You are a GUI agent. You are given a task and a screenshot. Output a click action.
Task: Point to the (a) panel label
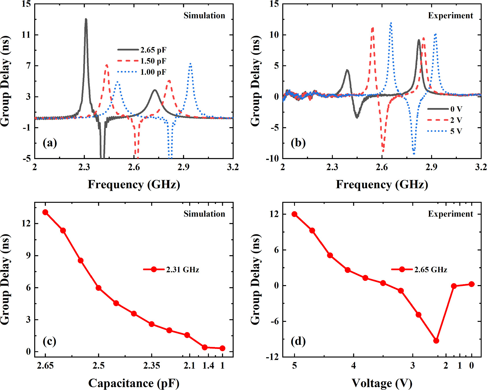50,143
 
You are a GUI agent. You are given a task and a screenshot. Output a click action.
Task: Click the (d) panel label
298,341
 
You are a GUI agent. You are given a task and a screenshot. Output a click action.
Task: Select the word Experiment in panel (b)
450,16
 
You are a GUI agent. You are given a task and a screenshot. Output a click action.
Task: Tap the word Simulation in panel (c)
204,214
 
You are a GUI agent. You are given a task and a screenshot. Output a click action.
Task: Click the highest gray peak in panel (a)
86,19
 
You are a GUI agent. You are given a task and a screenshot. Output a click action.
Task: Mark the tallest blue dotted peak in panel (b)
391,23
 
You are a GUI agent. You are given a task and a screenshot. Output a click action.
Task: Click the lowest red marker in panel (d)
436,341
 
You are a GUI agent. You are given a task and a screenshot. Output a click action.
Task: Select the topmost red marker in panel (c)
45,212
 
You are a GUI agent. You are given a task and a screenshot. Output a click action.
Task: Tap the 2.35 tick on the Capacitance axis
152,365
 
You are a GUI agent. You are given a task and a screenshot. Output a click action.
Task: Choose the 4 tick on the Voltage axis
353,365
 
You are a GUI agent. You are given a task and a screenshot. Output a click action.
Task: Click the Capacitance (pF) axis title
134,383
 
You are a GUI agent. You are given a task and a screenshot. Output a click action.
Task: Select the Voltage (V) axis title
382,383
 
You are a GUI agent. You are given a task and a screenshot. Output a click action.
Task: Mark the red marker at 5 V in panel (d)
294,214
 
